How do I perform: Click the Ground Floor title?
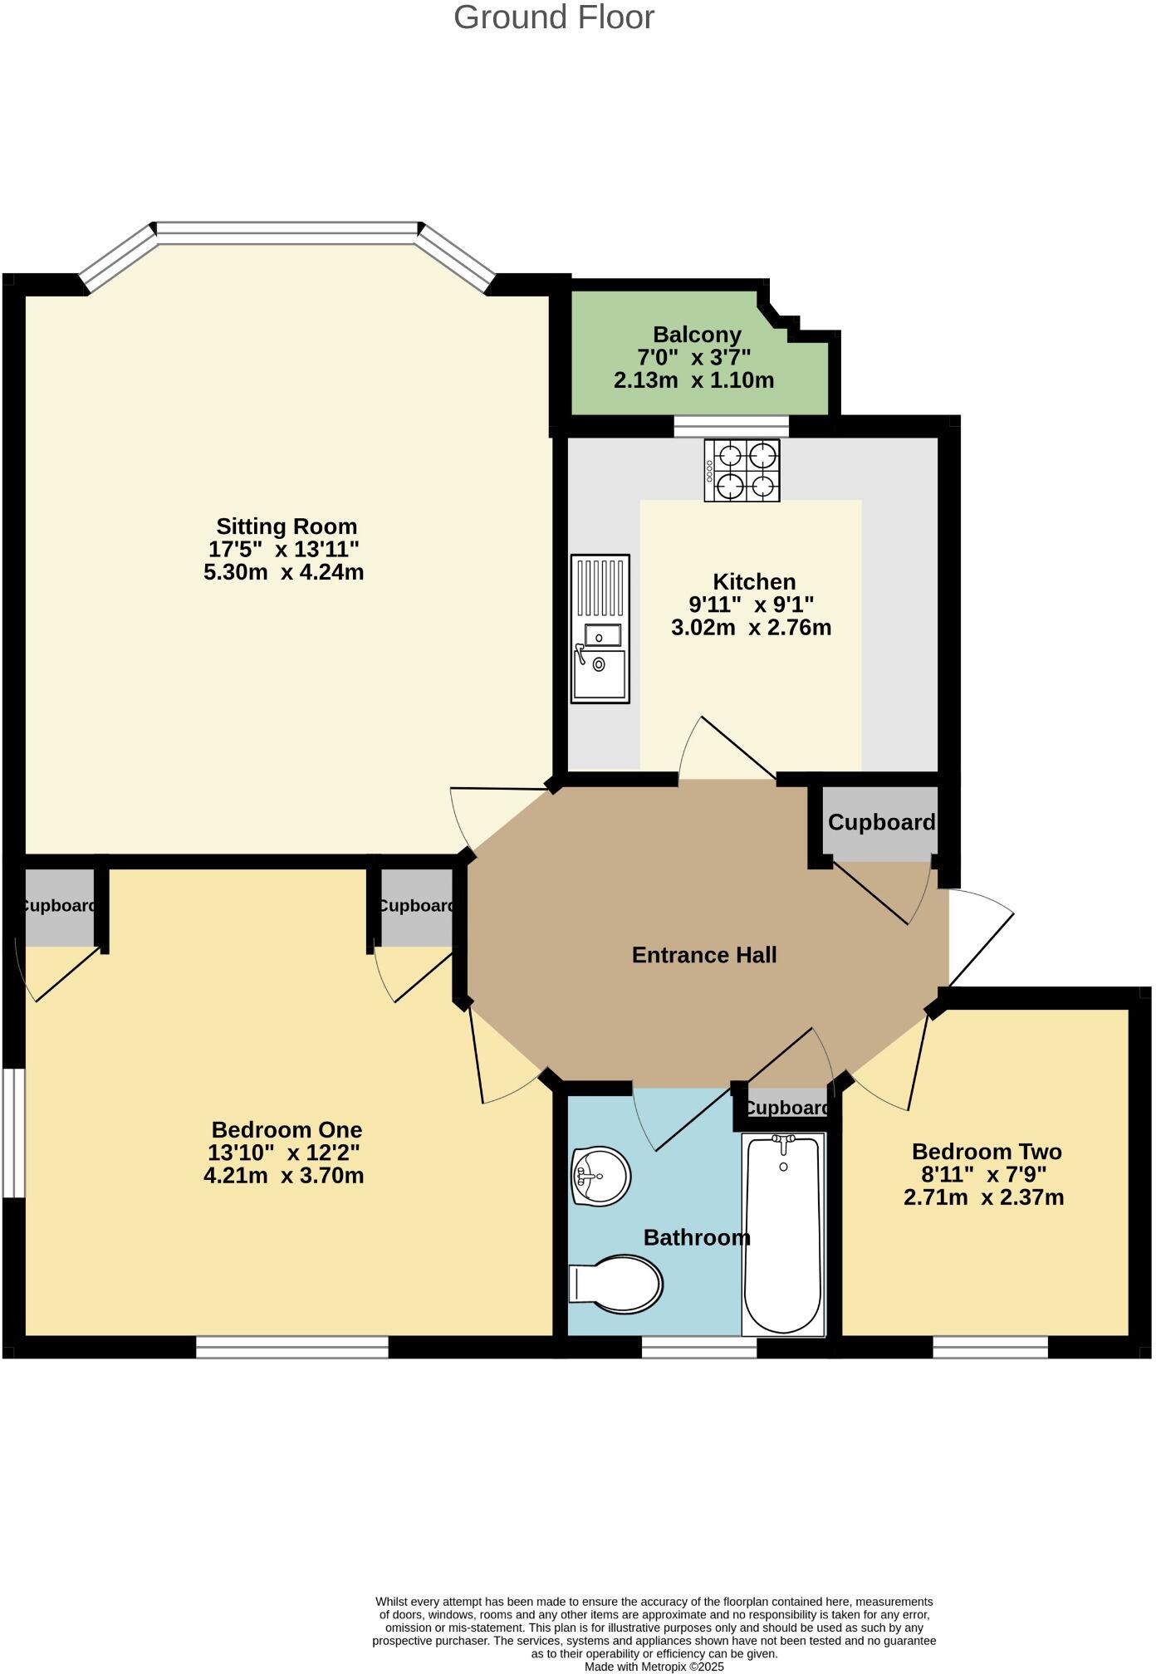554,17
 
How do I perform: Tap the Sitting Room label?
287,526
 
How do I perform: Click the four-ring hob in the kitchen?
742,470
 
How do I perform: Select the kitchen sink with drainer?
600,629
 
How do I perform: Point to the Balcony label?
697,335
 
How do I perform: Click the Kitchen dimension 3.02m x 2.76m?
751,628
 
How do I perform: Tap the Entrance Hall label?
704,955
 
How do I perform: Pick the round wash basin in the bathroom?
601,1176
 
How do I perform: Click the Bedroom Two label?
987,1152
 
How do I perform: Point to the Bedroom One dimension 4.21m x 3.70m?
283,1176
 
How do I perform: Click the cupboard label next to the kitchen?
881,823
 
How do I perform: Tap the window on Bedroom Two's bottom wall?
990,1347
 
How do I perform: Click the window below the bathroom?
698,1347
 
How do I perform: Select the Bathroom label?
697,1238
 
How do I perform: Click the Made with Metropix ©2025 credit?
654,1667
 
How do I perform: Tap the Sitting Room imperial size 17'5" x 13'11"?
283,549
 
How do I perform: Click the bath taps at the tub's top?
783,1140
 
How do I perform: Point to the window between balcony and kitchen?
731,427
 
